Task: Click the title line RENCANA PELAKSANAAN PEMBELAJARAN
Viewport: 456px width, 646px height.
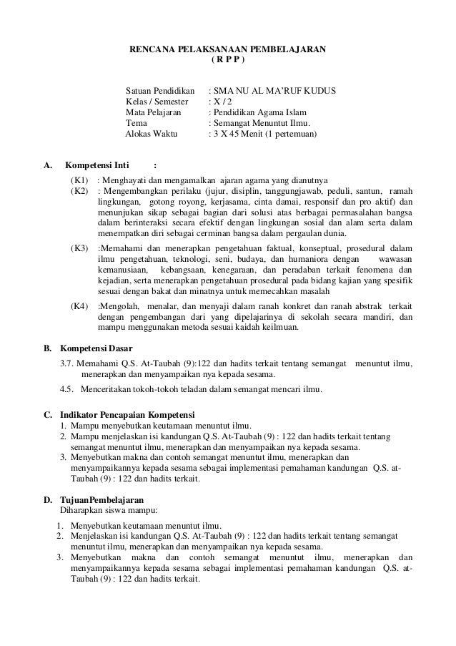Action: pos(227,49)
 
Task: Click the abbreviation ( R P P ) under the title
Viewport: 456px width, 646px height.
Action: pos(227,60)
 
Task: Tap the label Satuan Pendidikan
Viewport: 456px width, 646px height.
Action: pos(160,92)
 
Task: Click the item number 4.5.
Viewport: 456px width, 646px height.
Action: pos(67,390)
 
